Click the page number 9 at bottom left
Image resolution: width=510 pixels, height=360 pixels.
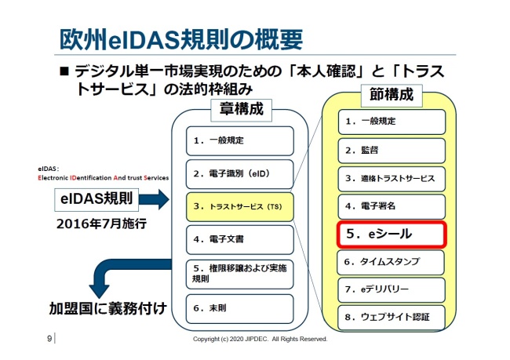49,339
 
